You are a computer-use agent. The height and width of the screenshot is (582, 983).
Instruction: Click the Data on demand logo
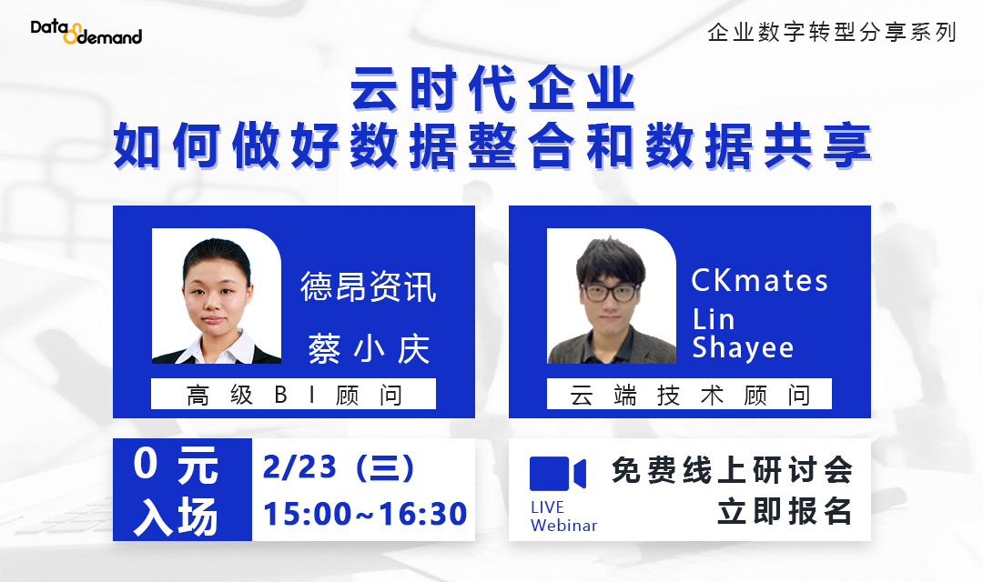tap(86, 33)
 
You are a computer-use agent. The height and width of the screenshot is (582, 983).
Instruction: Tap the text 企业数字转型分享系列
tap(832, 33)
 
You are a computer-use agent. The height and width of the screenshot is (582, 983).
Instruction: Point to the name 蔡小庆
tap(369, 349)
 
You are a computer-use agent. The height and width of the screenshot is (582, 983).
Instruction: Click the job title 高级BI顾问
tap(293, 395)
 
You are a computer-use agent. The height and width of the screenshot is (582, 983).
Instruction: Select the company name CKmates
tap(760, 281)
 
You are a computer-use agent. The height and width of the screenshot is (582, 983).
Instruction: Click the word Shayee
tap(743, 347)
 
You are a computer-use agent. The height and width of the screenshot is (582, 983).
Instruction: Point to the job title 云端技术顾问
tap(689, 395)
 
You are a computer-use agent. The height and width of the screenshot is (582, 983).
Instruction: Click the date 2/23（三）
tap(339, 468)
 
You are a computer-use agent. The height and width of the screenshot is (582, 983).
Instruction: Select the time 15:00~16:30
tap(365, 514)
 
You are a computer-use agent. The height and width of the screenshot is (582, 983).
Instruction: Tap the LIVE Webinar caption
tap(563, 517)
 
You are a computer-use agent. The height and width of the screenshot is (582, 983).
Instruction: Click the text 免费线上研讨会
tap(732, 470)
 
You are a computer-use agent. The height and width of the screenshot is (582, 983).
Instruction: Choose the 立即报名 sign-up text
tap(785, 512)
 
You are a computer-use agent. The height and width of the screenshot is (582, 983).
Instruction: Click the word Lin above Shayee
tap(714, 319)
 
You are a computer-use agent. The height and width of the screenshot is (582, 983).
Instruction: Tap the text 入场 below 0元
tap(176, 516)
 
